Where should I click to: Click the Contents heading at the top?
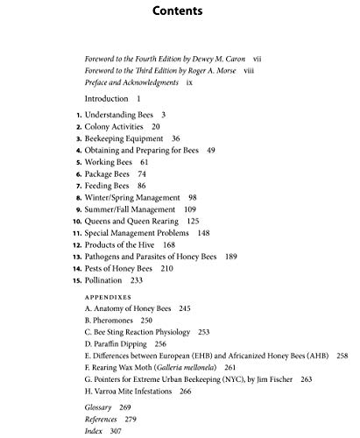click(180, 13)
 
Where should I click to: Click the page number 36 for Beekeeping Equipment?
click(176, 138)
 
